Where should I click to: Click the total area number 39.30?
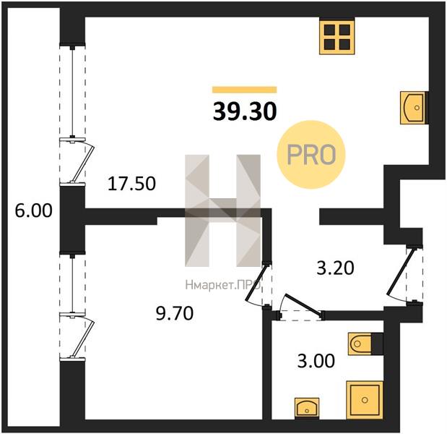point(245,111)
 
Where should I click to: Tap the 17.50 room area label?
point(131,183)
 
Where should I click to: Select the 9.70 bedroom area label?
point(175,313)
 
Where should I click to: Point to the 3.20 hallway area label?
point(336,268)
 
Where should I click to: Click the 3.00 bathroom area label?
point(316,361)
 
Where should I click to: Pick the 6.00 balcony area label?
point(34,211)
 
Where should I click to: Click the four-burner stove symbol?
point(337,36)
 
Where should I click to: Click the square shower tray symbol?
point(365,400)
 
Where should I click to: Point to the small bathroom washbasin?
point(307,407)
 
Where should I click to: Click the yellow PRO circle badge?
point(311,155)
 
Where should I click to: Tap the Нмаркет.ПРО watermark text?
point(223,285)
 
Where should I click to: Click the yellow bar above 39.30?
point(244,90)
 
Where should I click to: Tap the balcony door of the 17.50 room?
point(82,162)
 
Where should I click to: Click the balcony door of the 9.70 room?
point(82,337)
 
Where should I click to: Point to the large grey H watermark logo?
point(223,210)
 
